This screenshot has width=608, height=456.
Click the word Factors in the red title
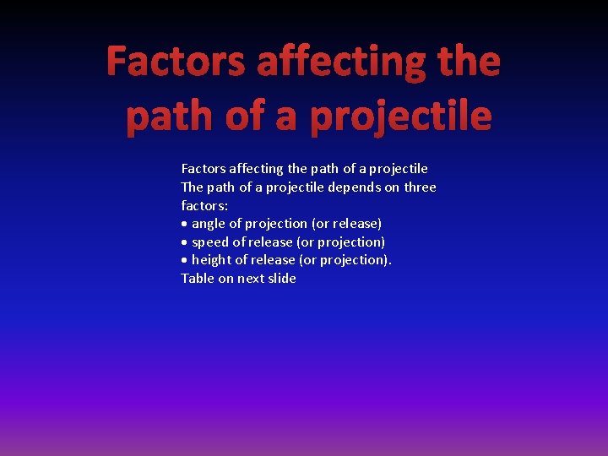pos(176,62)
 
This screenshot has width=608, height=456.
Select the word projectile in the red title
pos(400,116)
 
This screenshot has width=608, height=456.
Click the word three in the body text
pos(420,187)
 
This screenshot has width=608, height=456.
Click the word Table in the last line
pos(198,279)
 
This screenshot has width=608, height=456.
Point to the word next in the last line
pos(250,279)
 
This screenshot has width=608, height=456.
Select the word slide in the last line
pos(282,279)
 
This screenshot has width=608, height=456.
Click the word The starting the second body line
pos(193,187)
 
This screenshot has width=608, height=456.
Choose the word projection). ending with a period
pos(357,260)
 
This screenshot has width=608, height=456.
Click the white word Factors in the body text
pos(203,169)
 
